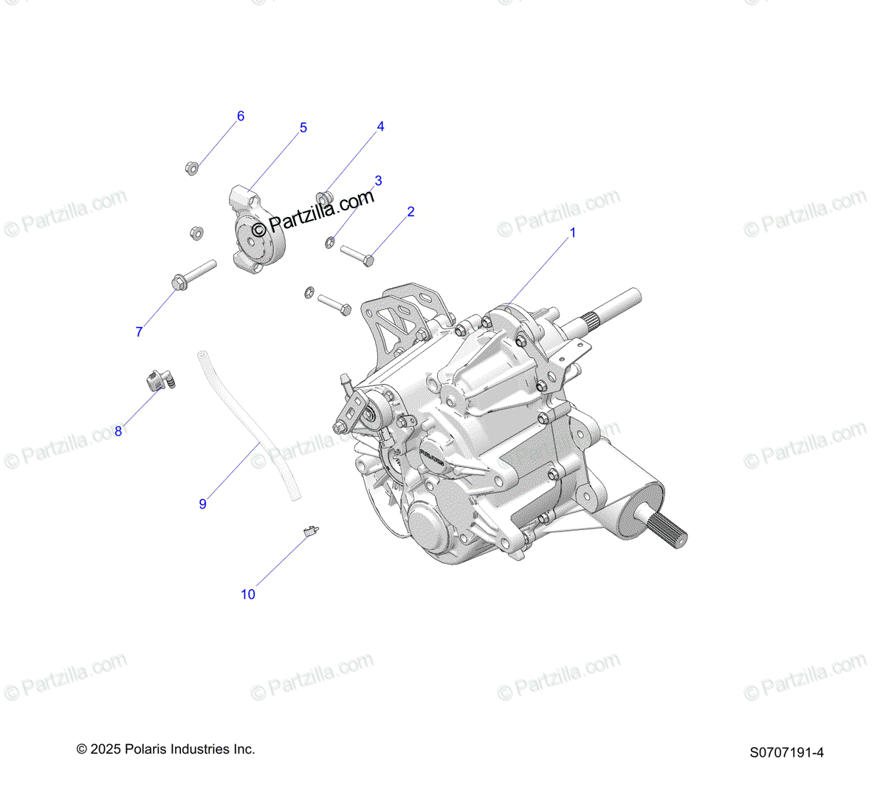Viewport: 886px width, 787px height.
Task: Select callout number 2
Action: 411,212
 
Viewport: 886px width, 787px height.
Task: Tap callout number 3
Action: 378,181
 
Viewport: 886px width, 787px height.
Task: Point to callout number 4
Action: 380,127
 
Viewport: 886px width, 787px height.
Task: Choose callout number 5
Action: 303,128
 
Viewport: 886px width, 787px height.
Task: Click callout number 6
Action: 240,116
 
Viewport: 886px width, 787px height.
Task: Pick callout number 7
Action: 139,332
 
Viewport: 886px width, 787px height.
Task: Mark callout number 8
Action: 118,431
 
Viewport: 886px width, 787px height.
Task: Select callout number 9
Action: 202,504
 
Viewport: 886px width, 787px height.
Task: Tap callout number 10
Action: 248,594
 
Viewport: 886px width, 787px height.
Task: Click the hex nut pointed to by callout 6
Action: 190,168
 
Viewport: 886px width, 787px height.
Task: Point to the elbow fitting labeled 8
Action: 158,382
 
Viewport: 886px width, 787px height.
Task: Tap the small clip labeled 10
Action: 311,529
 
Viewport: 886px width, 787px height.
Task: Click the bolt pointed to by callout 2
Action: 357,255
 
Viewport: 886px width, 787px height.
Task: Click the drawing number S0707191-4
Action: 786,753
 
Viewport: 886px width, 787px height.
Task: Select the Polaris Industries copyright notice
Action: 166,749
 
